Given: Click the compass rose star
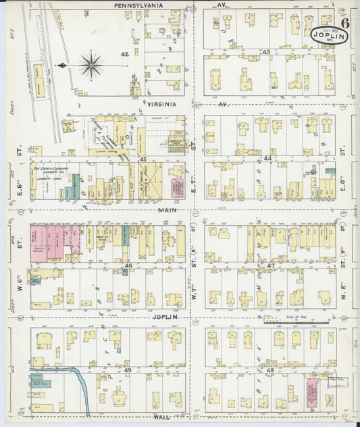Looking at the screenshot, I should click(x=90, y=66).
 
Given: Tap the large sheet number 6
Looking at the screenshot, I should click(x=345, y=22).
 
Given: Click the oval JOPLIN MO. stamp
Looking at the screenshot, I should click(x=326, y=34).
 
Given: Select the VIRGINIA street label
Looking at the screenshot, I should click(x=157, y=104).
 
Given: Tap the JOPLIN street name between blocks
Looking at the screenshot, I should click(x=163, y=316).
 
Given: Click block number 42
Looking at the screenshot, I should click(x=124, y=54).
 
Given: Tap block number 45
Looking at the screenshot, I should click(x=143, y=159).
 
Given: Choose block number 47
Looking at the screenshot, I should click(x=270, y=266).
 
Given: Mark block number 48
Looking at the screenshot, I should click(x=270, y=370).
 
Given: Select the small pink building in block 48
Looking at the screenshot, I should click(x=312, y=392).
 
